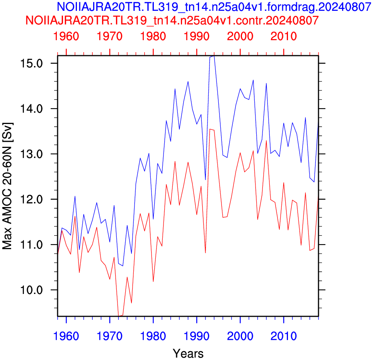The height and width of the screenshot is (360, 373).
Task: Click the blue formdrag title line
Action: point(214,7)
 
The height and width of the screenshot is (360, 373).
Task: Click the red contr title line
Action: point(172,20)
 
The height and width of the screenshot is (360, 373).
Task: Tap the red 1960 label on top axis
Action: point(66,36)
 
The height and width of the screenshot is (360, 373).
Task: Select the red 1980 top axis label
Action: point(153,36)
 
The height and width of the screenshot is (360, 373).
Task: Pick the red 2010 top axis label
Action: point(284,36)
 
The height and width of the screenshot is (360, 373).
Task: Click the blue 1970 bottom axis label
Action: point(110,336)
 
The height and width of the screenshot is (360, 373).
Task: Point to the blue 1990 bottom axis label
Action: point(196,336)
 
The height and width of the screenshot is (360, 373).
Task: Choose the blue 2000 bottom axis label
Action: point(240,336)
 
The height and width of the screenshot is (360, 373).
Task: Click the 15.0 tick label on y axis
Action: point(31,63)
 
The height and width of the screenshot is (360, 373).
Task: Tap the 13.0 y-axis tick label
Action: point(31,154)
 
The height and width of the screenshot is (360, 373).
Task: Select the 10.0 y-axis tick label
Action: point(31,290)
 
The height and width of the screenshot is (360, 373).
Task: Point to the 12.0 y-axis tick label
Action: point(31,199)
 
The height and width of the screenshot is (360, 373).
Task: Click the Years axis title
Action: point(188,353)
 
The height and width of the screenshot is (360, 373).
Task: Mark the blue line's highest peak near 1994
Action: point(214,56)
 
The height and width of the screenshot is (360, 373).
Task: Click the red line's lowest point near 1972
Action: point(118,316)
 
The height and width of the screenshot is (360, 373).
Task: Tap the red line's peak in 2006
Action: point(266,141)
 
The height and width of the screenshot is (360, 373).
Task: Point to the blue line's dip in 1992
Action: point(205,180)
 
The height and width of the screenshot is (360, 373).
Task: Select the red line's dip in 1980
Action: point(153,282)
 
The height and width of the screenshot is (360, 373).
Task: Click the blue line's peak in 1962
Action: point(75,196)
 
